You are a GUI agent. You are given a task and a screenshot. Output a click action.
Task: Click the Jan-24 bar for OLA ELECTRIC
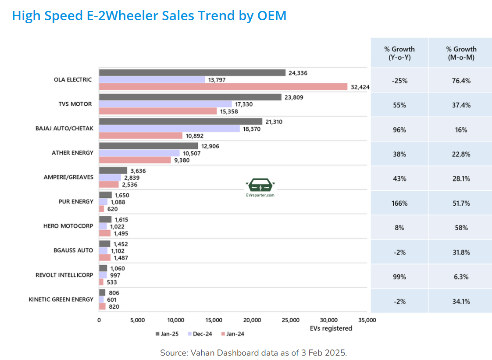[x=223, y=87]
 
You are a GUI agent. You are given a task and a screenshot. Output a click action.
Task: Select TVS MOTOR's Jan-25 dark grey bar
[x=190, y=97]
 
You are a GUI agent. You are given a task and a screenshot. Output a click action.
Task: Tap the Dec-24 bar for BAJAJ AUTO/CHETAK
[x=169, y=128]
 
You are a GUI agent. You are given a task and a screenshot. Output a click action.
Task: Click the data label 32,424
[x=360, y=87]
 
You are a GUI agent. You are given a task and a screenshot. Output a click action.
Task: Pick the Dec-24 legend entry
[x=200, y=334]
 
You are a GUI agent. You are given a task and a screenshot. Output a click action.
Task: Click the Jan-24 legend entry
[x=232, y=334]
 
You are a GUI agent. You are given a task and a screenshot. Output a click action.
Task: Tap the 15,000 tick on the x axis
[x=214, y=320]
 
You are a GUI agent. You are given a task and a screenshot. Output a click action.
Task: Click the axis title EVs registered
[x=331, y=328]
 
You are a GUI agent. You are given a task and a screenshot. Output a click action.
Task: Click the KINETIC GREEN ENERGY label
[x=61, y=299]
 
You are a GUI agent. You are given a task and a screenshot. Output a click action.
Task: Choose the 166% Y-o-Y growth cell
[x=400, y=203]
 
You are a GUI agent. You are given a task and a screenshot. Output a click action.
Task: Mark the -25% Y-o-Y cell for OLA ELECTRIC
[x=400, y=81]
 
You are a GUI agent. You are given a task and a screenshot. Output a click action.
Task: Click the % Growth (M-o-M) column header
[x=461, y=53]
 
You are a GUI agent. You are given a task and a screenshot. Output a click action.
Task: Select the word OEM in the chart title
[x=271, y=16]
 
